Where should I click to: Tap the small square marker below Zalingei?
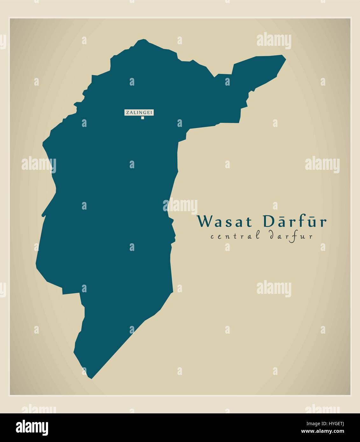point(143,118)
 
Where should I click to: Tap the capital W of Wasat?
point(204,222)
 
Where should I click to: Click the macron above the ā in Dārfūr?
point(282,216)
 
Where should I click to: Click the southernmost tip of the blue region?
point(91,378)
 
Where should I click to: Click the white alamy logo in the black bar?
point(32,427)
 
